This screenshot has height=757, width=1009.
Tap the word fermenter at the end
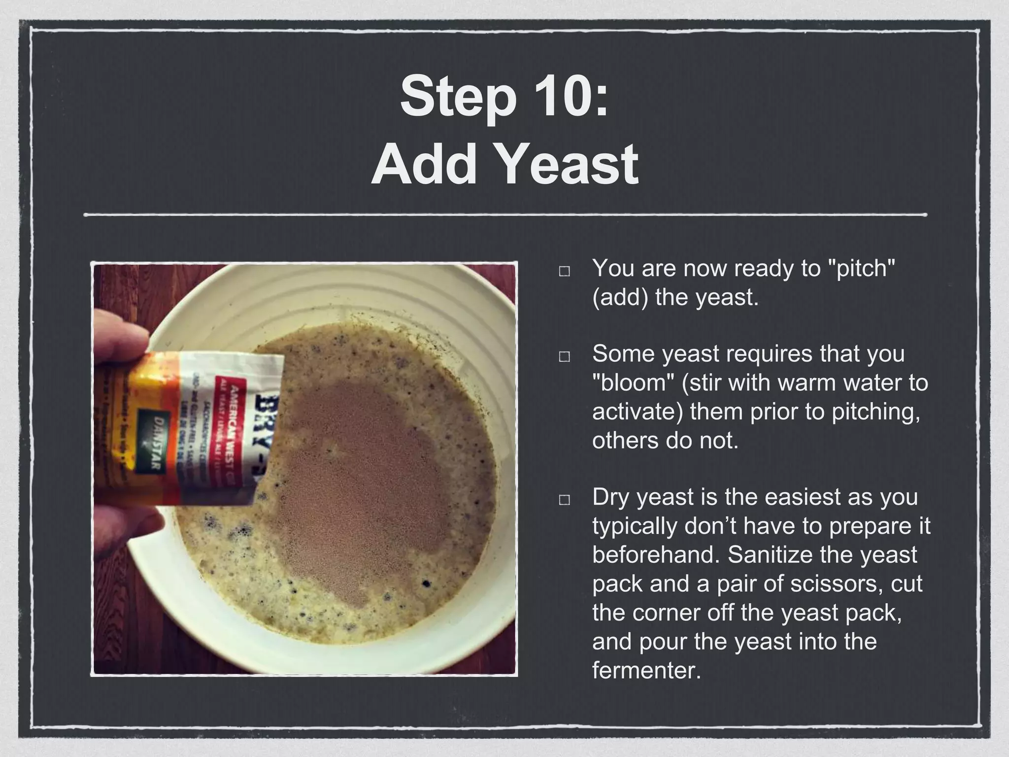pos(645,671)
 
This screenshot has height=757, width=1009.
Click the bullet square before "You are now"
pos(565,272)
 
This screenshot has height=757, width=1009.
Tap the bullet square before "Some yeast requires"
pos(565,357)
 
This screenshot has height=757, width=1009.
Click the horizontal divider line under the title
pos(504,215)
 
